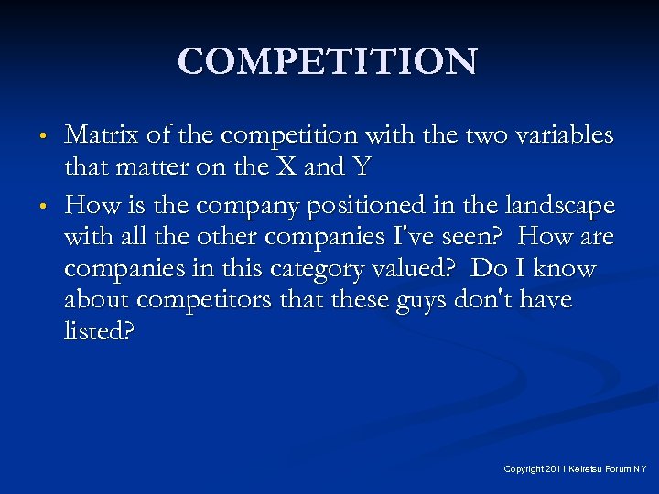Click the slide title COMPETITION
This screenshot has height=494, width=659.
(328, 62)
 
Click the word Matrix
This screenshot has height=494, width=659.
(96, 135)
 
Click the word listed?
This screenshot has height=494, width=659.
(99, 331)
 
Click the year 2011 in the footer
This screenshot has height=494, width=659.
(555, 469)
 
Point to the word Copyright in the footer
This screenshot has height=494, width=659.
(523, 469)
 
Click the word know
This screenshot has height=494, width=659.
(565, 270)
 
